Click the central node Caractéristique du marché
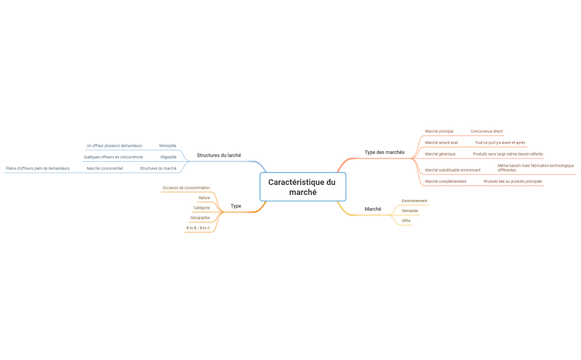[x=302, y=187]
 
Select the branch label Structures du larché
[x=219, y=156]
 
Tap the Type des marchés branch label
[x=384, y=152]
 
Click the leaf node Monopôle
[x=168, y=146]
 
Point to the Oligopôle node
[x=168, y=157]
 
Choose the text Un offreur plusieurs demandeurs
[x=114, y=146]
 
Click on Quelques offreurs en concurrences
[x=113, y=157]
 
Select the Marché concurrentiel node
[x=105, y=168]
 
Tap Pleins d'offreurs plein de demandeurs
[x=38, y=168]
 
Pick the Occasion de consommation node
[x=186, y=188]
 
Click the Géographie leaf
[x=200, y=218]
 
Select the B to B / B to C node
[x=198, y=228]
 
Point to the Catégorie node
[x=202, y=208]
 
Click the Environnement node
[x=414, y=201]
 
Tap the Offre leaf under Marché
[x=406, y=221]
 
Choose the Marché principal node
[x=439, y=131]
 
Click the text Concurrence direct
[x=486, y=131]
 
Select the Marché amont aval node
[x=441, y=143]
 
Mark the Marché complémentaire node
[x=445, y=182]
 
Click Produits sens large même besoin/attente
[x=507, y=154]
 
